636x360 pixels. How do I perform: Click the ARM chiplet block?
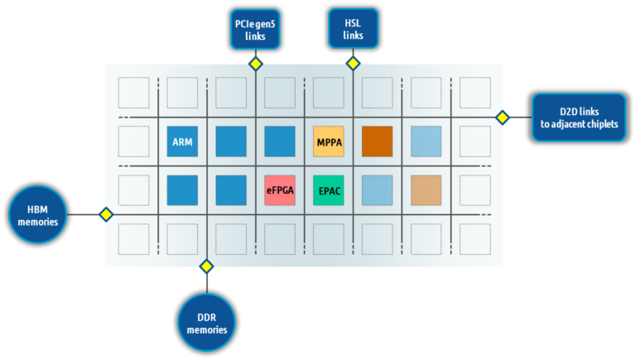[182, 142]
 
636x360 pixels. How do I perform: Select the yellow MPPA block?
[329, 142]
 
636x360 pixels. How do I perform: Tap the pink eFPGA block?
[280, 190]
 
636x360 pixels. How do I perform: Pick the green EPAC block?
[329, 190]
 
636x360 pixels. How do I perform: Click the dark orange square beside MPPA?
[377, 142]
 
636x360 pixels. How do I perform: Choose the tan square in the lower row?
[426, 190]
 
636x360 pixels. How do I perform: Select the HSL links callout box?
[353, 29]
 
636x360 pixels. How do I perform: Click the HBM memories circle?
[37, 214]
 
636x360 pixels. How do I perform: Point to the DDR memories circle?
[206, 323]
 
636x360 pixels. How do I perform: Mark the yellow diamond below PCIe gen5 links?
[255, 64]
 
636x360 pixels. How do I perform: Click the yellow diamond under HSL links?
[353, 64]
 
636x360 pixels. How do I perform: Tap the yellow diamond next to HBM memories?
[105, 214]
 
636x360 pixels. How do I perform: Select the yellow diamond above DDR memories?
[206, 266]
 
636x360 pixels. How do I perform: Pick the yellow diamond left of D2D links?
[502, 118]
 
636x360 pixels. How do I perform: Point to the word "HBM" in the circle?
[37, 209]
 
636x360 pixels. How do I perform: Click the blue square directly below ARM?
[182, 190]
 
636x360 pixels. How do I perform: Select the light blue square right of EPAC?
[377, 190]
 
